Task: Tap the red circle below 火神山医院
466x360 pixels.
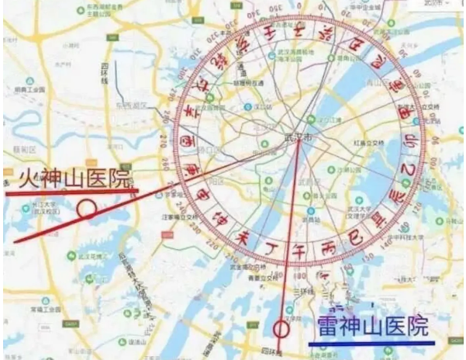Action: tap(88, 208)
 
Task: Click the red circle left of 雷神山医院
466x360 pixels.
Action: tap(281, 329)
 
